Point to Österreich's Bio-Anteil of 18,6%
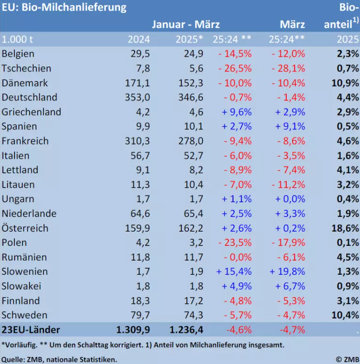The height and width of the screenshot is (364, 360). coord(344,228)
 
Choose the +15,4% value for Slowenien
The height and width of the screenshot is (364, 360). coord(234,272)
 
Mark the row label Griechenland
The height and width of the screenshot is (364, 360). coord(32,112)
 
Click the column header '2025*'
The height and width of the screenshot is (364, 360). coord(189,39)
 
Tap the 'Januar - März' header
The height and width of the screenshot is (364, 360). coord(186,24)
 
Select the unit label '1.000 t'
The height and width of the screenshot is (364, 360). coord(19,39)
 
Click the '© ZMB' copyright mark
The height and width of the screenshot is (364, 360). coord(346,359)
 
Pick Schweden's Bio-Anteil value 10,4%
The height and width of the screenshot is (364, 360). coord(344,315)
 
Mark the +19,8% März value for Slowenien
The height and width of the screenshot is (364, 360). coord(287,272)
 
